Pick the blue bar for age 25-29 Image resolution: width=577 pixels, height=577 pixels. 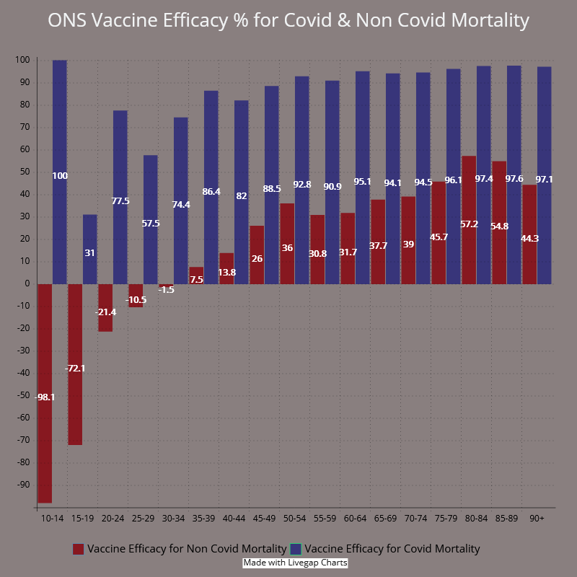150,195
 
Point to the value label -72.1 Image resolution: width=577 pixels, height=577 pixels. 75,369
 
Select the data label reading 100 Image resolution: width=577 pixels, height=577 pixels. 60,176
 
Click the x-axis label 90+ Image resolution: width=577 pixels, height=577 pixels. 537,518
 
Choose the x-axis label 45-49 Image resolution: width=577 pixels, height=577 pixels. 265,518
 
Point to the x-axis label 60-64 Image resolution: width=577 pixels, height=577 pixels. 356,518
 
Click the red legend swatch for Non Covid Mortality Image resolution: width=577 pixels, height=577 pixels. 79,550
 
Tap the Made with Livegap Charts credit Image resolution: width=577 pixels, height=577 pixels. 295,563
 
